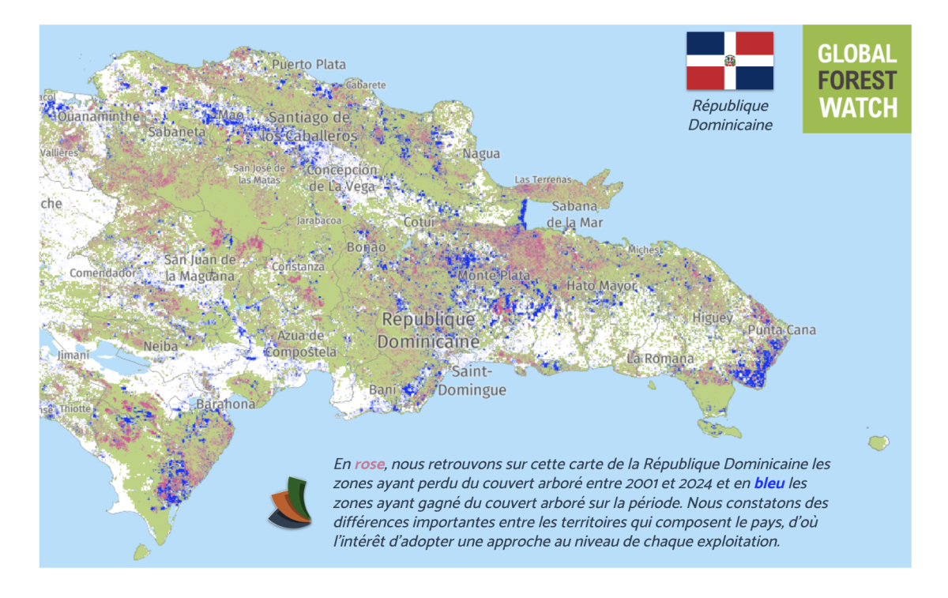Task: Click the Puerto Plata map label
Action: (308, 64)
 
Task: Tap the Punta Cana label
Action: (781, 329)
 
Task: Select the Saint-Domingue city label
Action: (472, 381)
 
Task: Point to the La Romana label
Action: (660, 358)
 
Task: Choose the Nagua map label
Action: (481, 153)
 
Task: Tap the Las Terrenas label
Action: (542, 180)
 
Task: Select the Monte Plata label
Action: (488, 276)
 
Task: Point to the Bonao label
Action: (367, 247)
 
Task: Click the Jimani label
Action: (73, 355)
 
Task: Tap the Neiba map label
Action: (161, 346)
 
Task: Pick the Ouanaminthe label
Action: (88, 116)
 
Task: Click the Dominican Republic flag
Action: (729, 61)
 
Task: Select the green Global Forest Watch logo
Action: (856, 79)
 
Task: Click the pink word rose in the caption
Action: (369, 464)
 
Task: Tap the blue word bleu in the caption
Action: (769, 482)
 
